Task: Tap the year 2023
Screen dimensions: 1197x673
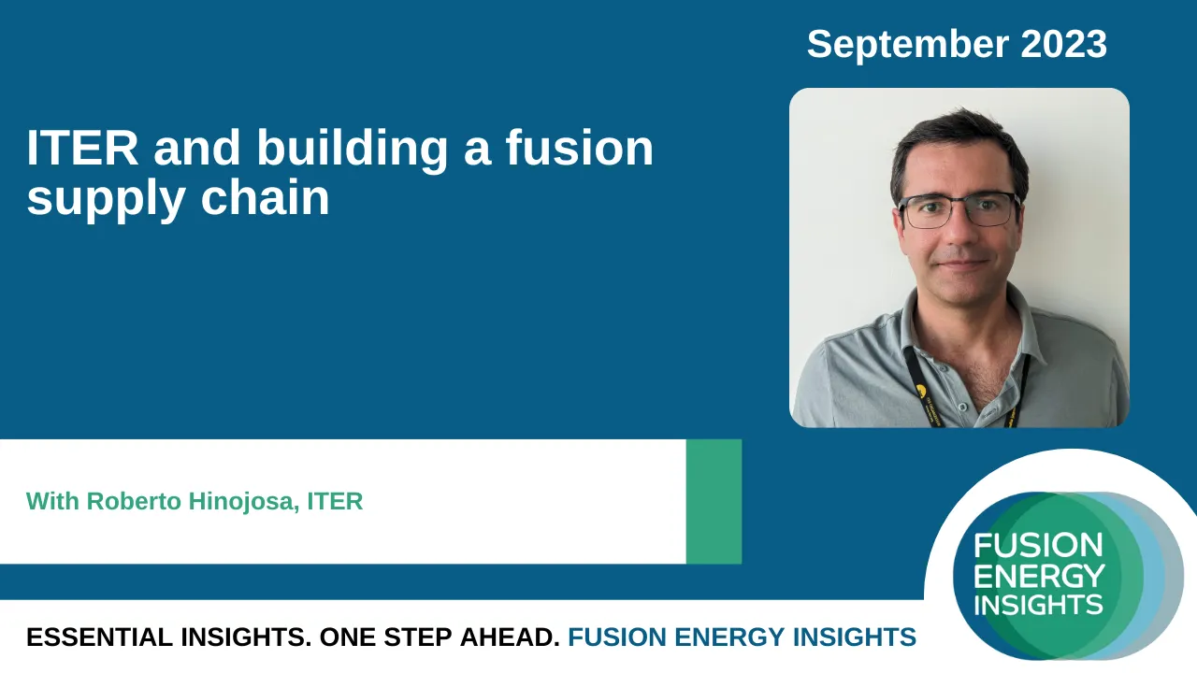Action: [x=1063, y=44]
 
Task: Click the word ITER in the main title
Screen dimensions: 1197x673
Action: [x=82, y=148]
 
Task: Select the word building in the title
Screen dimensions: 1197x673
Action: [x=353, y=150]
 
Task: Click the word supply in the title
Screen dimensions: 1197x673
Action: [x=106, y=200]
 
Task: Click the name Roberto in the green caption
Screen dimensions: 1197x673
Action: [x=134, y=502]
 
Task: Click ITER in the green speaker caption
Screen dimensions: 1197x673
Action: [x=335, y=502]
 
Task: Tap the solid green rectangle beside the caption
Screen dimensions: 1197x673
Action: [x=714, y=502]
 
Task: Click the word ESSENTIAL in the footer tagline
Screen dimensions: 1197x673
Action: [x=99, y=637]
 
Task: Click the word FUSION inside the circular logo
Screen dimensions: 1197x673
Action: [x=1038, y=545]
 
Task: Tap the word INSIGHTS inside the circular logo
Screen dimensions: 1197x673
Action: [x=1038, y=605]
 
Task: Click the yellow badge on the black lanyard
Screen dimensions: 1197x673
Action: [x=921, y=390]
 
